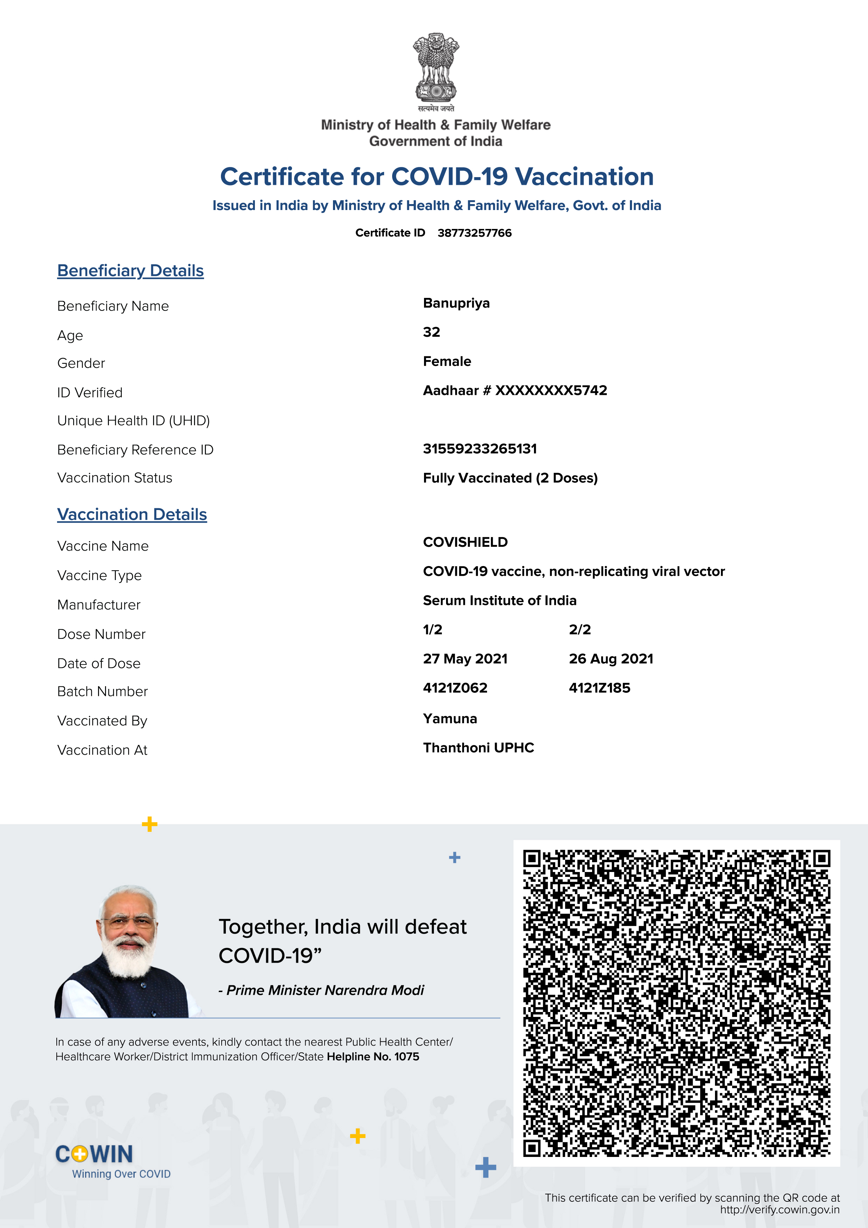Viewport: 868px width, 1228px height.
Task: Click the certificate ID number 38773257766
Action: click(x=474, y=233)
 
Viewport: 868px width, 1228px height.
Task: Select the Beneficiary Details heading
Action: click(x=131, y=271)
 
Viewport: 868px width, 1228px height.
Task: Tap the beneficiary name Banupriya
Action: click(x=456, y=303)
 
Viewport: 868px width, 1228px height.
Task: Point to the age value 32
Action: click(x=432, y=332)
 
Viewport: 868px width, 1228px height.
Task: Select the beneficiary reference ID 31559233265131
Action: click(x=480, y=449)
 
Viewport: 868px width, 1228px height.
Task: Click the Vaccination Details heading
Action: click(x=132, y=515)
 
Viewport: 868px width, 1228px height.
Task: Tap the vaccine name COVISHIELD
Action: click(x=465, y=542)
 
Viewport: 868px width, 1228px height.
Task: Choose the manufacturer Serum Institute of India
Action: click(x=500, y=601)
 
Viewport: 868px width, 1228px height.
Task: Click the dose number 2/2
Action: click(x=580, y=629)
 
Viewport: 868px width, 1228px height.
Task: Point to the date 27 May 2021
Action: click(x=465, y=659)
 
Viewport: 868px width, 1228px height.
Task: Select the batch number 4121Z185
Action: click(x=599, y=688)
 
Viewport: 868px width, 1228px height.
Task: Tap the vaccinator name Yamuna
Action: click(x=450, y=719)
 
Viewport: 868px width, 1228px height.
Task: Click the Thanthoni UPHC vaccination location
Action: click(x=478, y=748)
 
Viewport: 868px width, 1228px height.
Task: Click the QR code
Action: click(x=676, y=1003)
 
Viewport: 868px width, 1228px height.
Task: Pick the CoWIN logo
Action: click(x=95, y=1154)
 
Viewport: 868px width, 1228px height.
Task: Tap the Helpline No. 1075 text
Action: click(x=373, y=1056)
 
